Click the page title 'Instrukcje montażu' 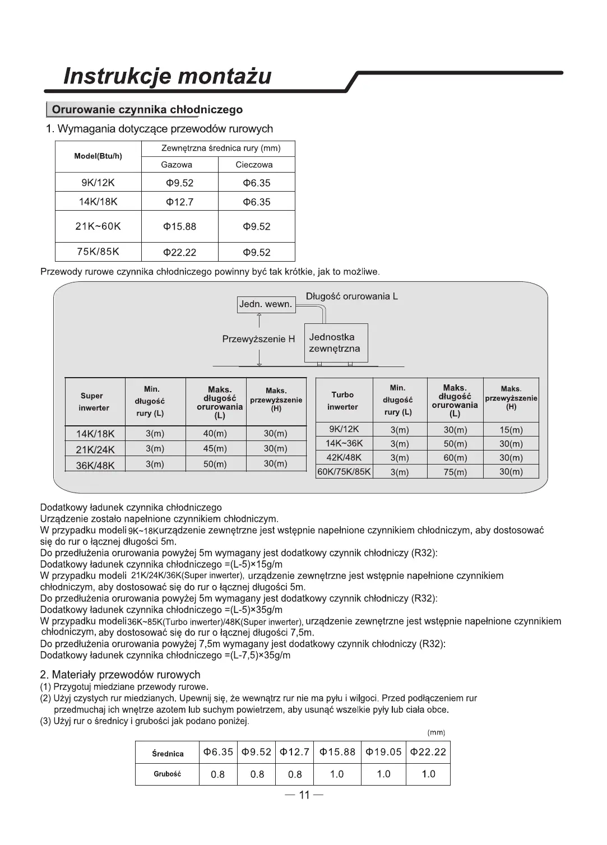[x=168, y=76]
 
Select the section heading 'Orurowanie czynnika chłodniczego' [x=147, y=110]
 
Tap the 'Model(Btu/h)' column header [x=98, y=156]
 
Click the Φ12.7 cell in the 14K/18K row [x=179, y=202]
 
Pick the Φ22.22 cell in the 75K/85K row [x=179, y=253]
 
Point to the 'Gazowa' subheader [x=177, y=165]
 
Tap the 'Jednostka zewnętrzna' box [x=335, y=343]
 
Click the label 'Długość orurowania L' [x=352, y=296]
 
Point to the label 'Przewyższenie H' [x=258, y=339]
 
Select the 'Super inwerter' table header [x=94, y=402]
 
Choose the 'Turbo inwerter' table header [x=342, y=401]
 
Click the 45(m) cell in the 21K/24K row [x=215, y=449]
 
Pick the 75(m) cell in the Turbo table [x=455, y=472]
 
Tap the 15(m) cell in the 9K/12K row [x=511, y=430]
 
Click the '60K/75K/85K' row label [x=344, y=472]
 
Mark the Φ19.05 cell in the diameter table [x=383, y=752]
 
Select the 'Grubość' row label [x=168, y=774]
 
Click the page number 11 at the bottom [x=304, y=796]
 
